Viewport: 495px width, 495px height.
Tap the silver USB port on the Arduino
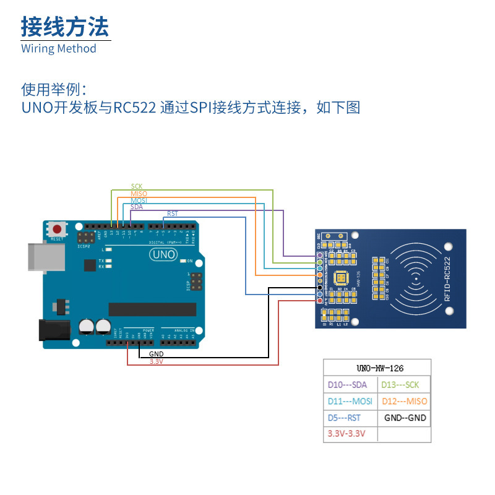tap(45, 257)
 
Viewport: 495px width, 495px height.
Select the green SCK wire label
tap(137, 186)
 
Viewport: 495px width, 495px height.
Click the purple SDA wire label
tap(137, 207)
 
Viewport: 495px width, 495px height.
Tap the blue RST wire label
tap(172, 214)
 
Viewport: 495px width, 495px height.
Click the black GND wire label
tap(156, 353)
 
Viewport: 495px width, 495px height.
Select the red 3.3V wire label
tap(156, 361)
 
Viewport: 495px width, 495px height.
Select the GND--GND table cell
tap(404, 418)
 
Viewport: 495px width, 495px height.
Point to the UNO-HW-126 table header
tap(377, 368)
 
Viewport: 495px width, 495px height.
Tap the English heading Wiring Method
tap(59, 48)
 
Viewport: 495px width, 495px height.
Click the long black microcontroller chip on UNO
tap(152, 309)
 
